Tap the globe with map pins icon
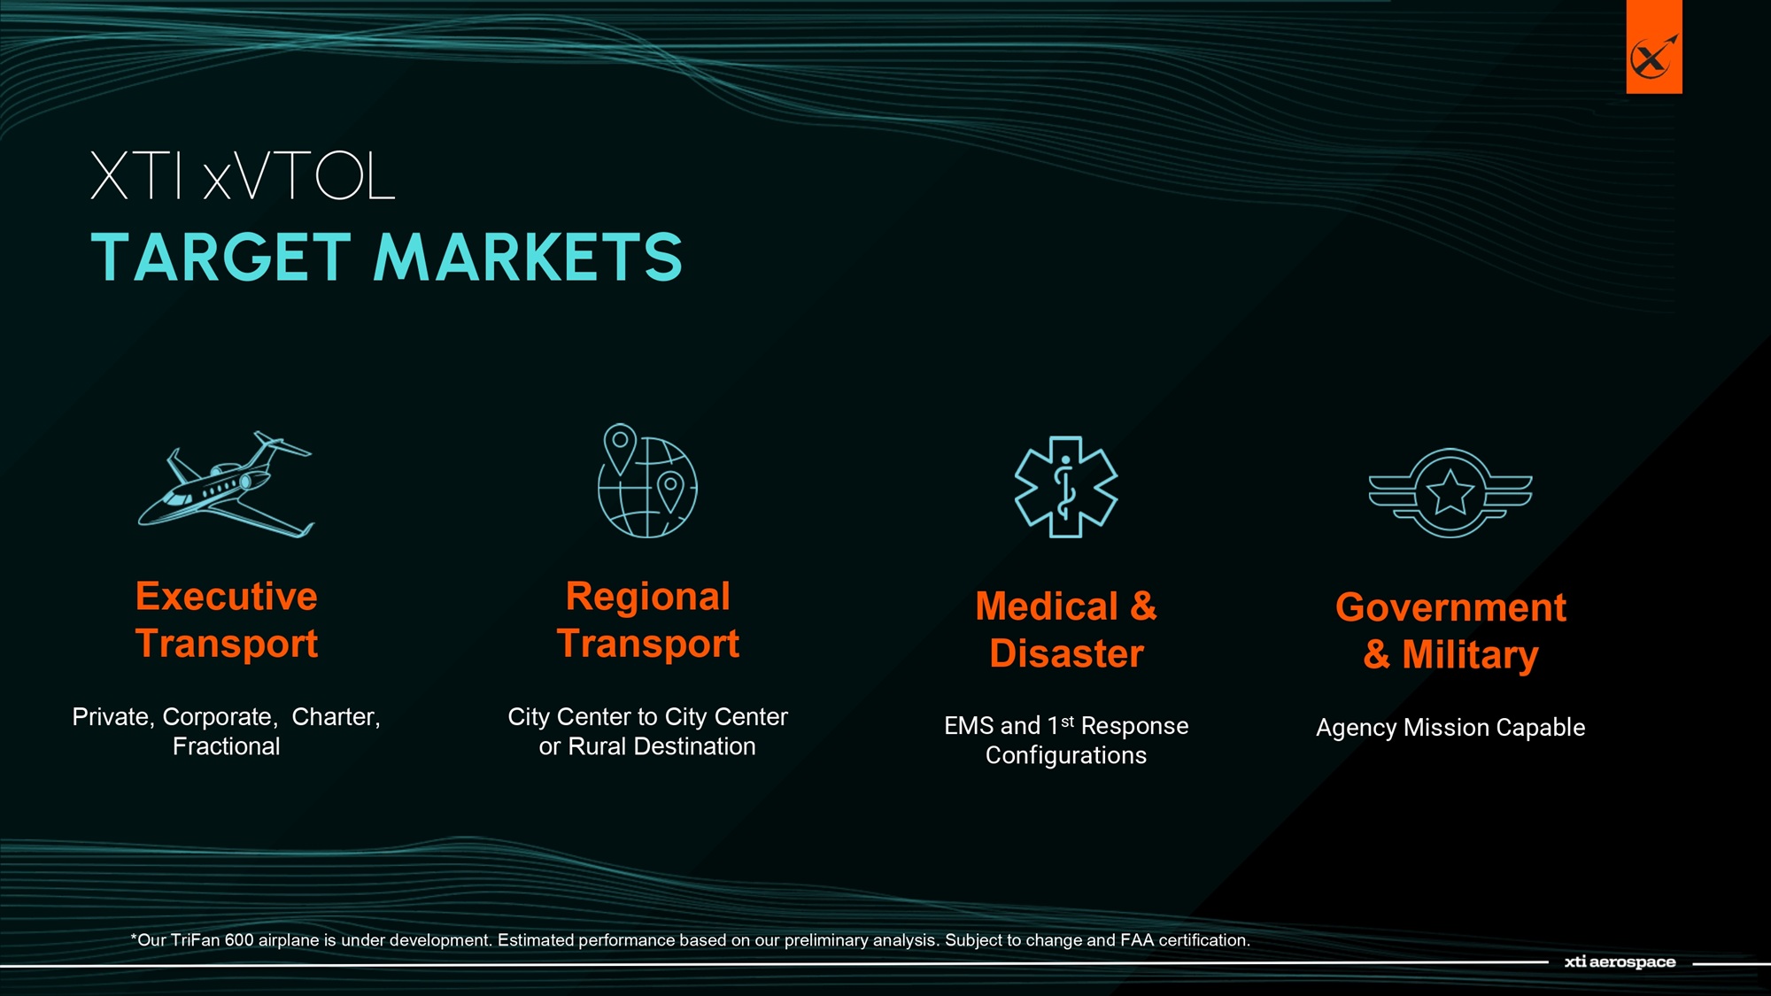pyautogui.click(x=647, y=481)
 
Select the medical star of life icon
pyautogui.click(x=1066, y=486)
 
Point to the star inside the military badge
pyautogui.click(x=1450, y=492)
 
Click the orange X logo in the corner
pyautogui.click(x=1654, y=48)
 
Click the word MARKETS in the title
pyautogui.click(x=528, y=258)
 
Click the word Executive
pyautogui.click(x=227, y=596)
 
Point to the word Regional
pyautogui.click(x=648, y=597)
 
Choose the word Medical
pyautogui.click(x=1047, y=606)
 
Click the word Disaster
pyautogui.click(x=1067, y=653)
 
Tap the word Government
pyautogui.click(x=1450, y=607)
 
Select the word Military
pyautogui.click(x=1470, y=655)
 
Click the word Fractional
pyautogui.click(x=227, y=746)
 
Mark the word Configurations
pyautogui.click(x=1066, y=755)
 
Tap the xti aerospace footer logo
pyautogui.click(x=1620, y=961)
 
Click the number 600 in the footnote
pyautogui.click(x=239, y=940)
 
